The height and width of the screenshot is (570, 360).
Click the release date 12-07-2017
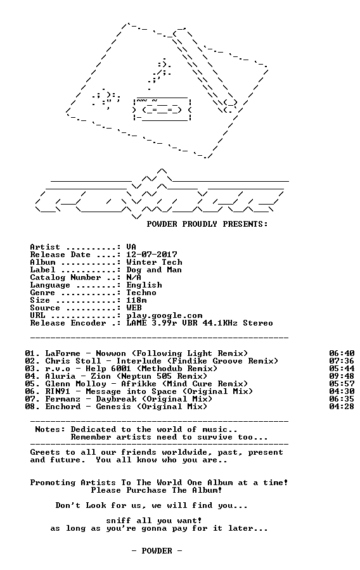[x=151, y=255]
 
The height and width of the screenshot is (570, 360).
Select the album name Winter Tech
[x=154, y=262]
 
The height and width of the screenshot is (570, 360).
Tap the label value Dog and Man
[x=154, y=270]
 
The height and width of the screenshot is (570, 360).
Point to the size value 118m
[x=137, y=300]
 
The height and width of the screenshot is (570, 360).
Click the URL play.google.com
[x=164, y=315]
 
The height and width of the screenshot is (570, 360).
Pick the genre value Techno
[x=141, y=293]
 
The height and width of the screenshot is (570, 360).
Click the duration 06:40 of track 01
[x=342, y=353]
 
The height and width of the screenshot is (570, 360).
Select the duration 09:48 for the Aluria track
[x=342, y=376]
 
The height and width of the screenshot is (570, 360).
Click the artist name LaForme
[x=63, y=353]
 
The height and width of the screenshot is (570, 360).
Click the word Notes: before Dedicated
[x=50, y=429]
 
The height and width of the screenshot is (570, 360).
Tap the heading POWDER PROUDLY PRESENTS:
[x=207, y=224]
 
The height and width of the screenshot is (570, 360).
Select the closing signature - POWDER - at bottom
[x=157, y=551]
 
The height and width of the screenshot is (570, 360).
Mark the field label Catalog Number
[x=65, y=277]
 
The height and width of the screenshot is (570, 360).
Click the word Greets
[x=45, y=453]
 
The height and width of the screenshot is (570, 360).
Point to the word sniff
[x=119, y=521]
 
